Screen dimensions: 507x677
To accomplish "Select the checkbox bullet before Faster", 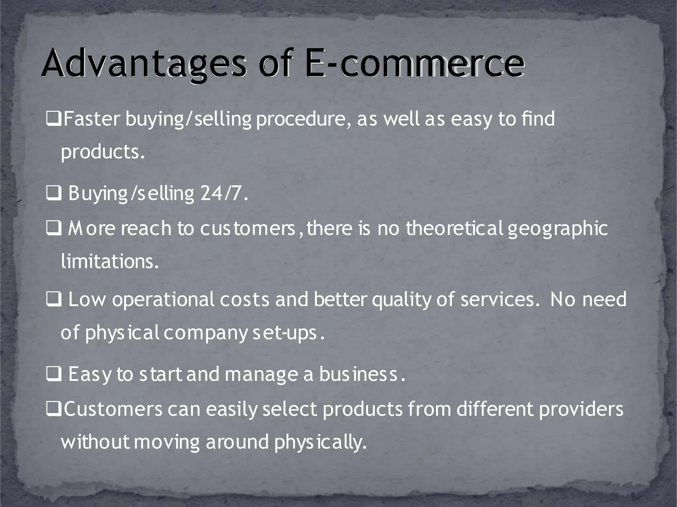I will coord(53,119).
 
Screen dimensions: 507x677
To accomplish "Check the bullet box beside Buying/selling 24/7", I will coord(54,194).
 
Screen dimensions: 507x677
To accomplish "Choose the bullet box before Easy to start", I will coord(54,375).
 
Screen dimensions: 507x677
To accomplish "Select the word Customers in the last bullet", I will coord(113,409).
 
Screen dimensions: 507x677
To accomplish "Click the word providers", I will coord(581,409).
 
